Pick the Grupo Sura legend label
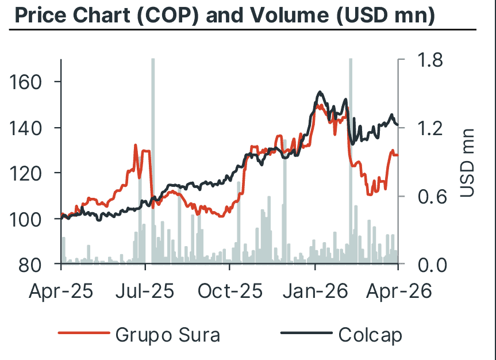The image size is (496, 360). (x=167, y=334)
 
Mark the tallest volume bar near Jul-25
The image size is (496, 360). (x=153, y=161)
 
